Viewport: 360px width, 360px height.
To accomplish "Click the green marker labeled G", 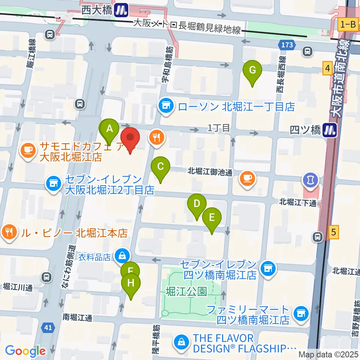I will pyautogui.click(x=252, y=70).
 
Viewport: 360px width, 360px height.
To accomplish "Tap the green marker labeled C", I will pyautogui.click(x=160, y=166).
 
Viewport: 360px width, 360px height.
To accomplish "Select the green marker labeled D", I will pyautogui.click(x=196, y=204).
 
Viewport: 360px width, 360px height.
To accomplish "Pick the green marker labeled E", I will pyautogui.click(x=212, y=218).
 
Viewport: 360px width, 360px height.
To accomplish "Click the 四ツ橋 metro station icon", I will pyautogui.click(x=330, y=130).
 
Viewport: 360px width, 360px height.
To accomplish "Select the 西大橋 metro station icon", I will pyautogui.click(x=121, y=9).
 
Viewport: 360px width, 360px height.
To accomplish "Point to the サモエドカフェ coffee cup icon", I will pyautogui.click(x=27, y=151).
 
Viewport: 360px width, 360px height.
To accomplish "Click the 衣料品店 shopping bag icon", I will pyautogui.click(x=122, y=256).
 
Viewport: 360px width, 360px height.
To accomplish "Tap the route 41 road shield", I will pyautogui.click(x=48, y=328).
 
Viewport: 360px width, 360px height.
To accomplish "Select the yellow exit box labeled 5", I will pyautogui.click(x=334, y=232).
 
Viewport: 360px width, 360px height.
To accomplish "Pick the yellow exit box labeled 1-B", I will pyautogui.click(x=348, y=25).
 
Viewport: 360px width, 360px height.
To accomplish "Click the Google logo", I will pyautogui.click(x=25, y=351).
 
